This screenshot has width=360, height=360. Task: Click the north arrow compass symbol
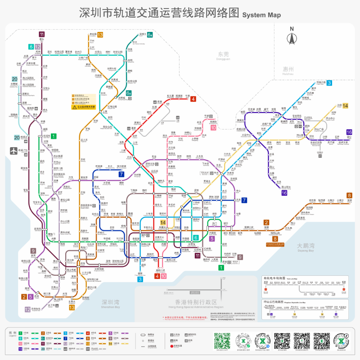[292, 37]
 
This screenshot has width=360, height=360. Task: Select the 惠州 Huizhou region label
[285, 70]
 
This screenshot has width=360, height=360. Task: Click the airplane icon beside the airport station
[13, 151]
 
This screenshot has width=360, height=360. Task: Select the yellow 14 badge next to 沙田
[346, 106]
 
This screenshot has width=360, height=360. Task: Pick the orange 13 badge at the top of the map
[100, 35]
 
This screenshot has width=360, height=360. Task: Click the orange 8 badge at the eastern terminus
[349, 195]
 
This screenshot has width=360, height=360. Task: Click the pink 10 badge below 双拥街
[213, 128]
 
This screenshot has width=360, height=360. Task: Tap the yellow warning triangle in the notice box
[74, 107]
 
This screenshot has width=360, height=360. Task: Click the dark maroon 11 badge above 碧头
[42, 34]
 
